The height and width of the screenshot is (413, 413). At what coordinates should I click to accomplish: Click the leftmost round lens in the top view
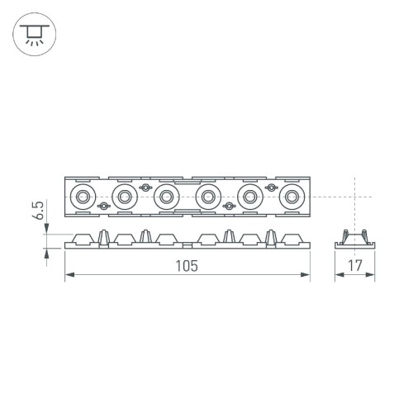[x=83, y=197]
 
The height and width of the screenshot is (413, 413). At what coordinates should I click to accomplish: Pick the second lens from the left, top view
[x=125, y=197]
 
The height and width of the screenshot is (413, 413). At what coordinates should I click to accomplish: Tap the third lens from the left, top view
[x=167, y=197]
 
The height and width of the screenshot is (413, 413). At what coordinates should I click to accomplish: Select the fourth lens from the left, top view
[x=206, y=197]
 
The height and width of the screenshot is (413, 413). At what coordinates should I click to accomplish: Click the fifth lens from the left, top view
[x=249, y=197]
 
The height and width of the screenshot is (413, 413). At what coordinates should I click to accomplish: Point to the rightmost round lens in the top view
[x=291, y=197]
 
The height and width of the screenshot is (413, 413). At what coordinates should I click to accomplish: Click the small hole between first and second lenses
[x=104, y=205]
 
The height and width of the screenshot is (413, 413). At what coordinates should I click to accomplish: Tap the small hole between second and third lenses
[x=146, y=188]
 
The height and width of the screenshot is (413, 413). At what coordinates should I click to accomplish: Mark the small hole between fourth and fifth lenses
[x=228, y=205]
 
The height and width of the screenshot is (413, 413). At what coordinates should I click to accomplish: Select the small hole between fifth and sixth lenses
[x=270, y=188]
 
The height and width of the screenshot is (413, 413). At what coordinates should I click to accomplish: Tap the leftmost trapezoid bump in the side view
[x=83, y=240]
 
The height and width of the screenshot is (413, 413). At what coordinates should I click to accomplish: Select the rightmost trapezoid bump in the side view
[x=291, y=240]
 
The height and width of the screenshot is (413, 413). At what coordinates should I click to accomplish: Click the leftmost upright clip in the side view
[x=104, y=237]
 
